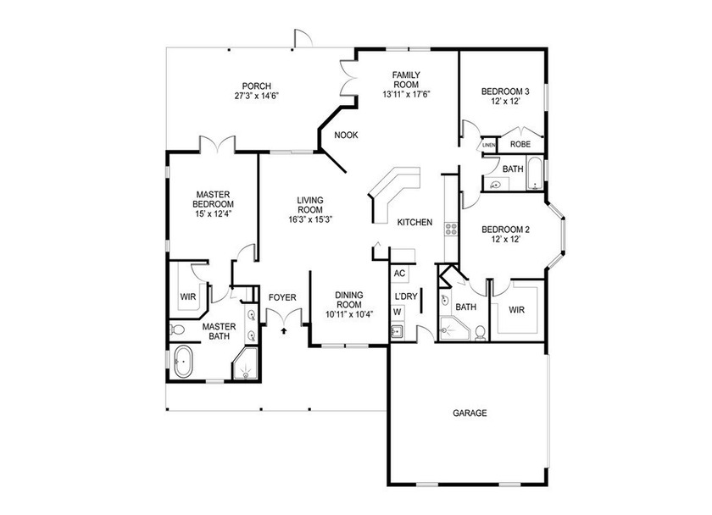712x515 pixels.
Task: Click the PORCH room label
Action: [x=256, y=86]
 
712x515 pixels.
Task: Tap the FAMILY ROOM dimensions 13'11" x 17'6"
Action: [x=406, y=94]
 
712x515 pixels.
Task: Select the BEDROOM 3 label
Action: [x=505, y=91]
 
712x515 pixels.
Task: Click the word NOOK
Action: [x=346, y=136]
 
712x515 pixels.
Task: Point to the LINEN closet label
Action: [x=488, y=146]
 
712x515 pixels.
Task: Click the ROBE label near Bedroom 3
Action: [x=520, y=145]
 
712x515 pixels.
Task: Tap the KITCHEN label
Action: [x=415, y=222]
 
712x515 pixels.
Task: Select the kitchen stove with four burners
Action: [x=452, y=228]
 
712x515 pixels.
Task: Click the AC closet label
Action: [x=400, y=274]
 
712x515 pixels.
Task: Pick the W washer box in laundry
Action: [x=397, y=312]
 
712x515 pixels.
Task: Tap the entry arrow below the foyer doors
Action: [x=283, y=331]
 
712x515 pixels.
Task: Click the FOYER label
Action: [x=282, y=297]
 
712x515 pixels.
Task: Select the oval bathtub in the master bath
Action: [x=183, y=363]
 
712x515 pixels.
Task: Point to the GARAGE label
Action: [x=469, y=413]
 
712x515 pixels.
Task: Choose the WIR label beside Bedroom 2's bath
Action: [x=517, y=310]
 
